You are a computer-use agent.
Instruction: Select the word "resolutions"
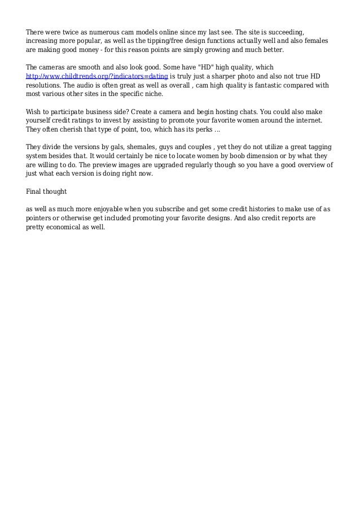46,85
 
